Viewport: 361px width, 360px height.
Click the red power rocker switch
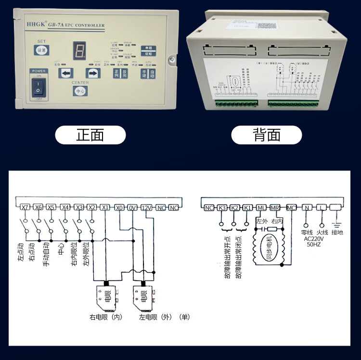pyautogui.click(x=38, y=88)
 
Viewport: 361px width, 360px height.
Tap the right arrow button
pyautogui.click(x=92, y=73)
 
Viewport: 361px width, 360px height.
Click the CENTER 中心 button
pyautogui.click(x=80, y=90)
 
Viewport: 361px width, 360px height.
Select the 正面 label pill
pyautogui.click(x=90, y=135)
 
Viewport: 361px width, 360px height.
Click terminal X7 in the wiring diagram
pyautogui.click(x=26, y=207)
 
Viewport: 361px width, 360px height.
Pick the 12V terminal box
pyautogui.click(x=147, y=207)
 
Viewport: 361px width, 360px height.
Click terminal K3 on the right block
pyautogui.click(x=222, y=207)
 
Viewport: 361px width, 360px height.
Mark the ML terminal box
pyautogui.click(x=261, y=207)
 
